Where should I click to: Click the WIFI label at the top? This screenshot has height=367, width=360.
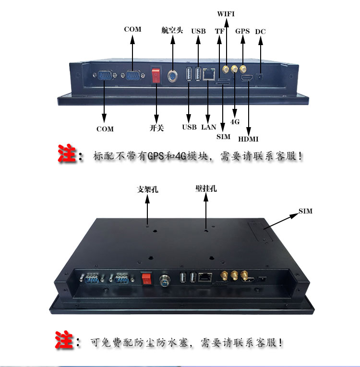click(226, 14)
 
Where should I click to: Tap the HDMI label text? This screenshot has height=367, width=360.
click(248, 139)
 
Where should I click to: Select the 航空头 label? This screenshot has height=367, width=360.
click(172, 30)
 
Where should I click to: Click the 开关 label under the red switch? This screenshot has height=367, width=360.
click(156, 128)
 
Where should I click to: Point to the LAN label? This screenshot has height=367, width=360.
click(208, 127)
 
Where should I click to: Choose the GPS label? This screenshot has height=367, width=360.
click(242, 31)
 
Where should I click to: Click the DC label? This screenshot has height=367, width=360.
click(260, 32)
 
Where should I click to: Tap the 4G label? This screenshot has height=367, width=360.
click(235, 122)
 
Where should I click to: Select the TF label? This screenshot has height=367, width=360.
click(219, 31)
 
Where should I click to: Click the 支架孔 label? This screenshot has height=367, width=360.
click(147, 189)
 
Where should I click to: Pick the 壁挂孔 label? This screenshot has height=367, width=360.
click(206, 189)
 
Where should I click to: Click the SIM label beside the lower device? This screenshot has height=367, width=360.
click(305, 211)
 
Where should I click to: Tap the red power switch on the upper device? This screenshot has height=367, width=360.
click(156, 75)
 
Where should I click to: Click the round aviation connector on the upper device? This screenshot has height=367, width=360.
click(172, 76)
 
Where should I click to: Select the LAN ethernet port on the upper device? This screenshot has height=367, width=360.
click(209, 74)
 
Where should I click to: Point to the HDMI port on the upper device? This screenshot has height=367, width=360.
click(247, 78)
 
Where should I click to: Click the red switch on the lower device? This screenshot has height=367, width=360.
click(146, 278)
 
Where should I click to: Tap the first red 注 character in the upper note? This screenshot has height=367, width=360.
click(67, 154)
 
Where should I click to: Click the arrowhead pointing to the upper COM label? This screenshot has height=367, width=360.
click(132, 40)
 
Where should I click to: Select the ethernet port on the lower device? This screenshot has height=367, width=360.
click(205, 277)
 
